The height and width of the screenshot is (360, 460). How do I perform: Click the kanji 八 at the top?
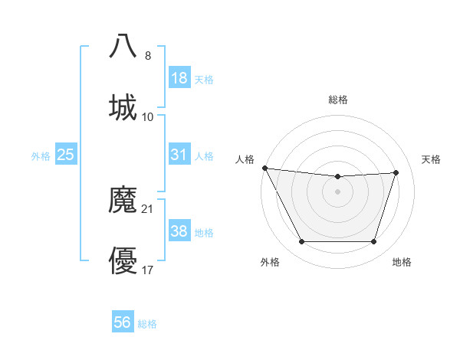[123, 45]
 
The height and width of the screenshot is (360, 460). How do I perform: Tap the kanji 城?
[123, 106]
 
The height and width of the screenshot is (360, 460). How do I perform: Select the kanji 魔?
[123, 200]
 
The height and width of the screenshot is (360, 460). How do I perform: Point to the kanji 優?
[123, 261]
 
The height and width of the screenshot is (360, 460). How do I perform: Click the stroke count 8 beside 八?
[148, 55]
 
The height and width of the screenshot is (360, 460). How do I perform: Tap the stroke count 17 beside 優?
[148, 270]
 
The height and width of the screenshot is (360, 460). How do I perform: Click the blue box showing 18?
[179, 78]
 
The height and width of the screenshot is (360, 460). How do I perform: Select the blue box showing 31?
[179, 155]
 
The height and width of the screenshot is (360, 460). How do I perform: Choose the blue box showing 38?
[179, 231]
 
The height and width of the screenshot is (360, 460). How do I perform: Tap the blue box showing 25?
[66, 155]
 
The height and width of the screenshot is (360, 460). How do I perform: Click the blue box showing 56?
[123, 322]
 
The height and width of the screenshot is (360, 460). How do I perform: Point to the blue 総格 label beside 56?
[147, 324]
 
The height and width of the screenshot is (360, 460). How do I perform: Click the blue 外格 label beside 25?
[41, 156]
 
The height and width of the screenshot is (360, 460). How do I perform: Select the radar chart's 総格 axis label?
[338, 100]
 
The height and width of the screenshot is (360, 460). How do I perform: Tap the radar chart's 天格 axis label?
[432, 159]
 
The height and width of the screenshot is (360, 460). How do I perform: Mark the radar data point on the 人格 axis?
[264, 168]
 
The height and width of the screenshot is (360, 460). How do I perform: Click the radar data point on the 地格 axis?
[374, 242]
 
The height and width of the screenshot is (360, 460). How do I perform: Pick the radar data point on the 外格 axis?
[301, 242]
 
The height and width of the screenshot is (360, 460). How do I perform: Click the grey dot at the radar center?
[338, 191]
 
